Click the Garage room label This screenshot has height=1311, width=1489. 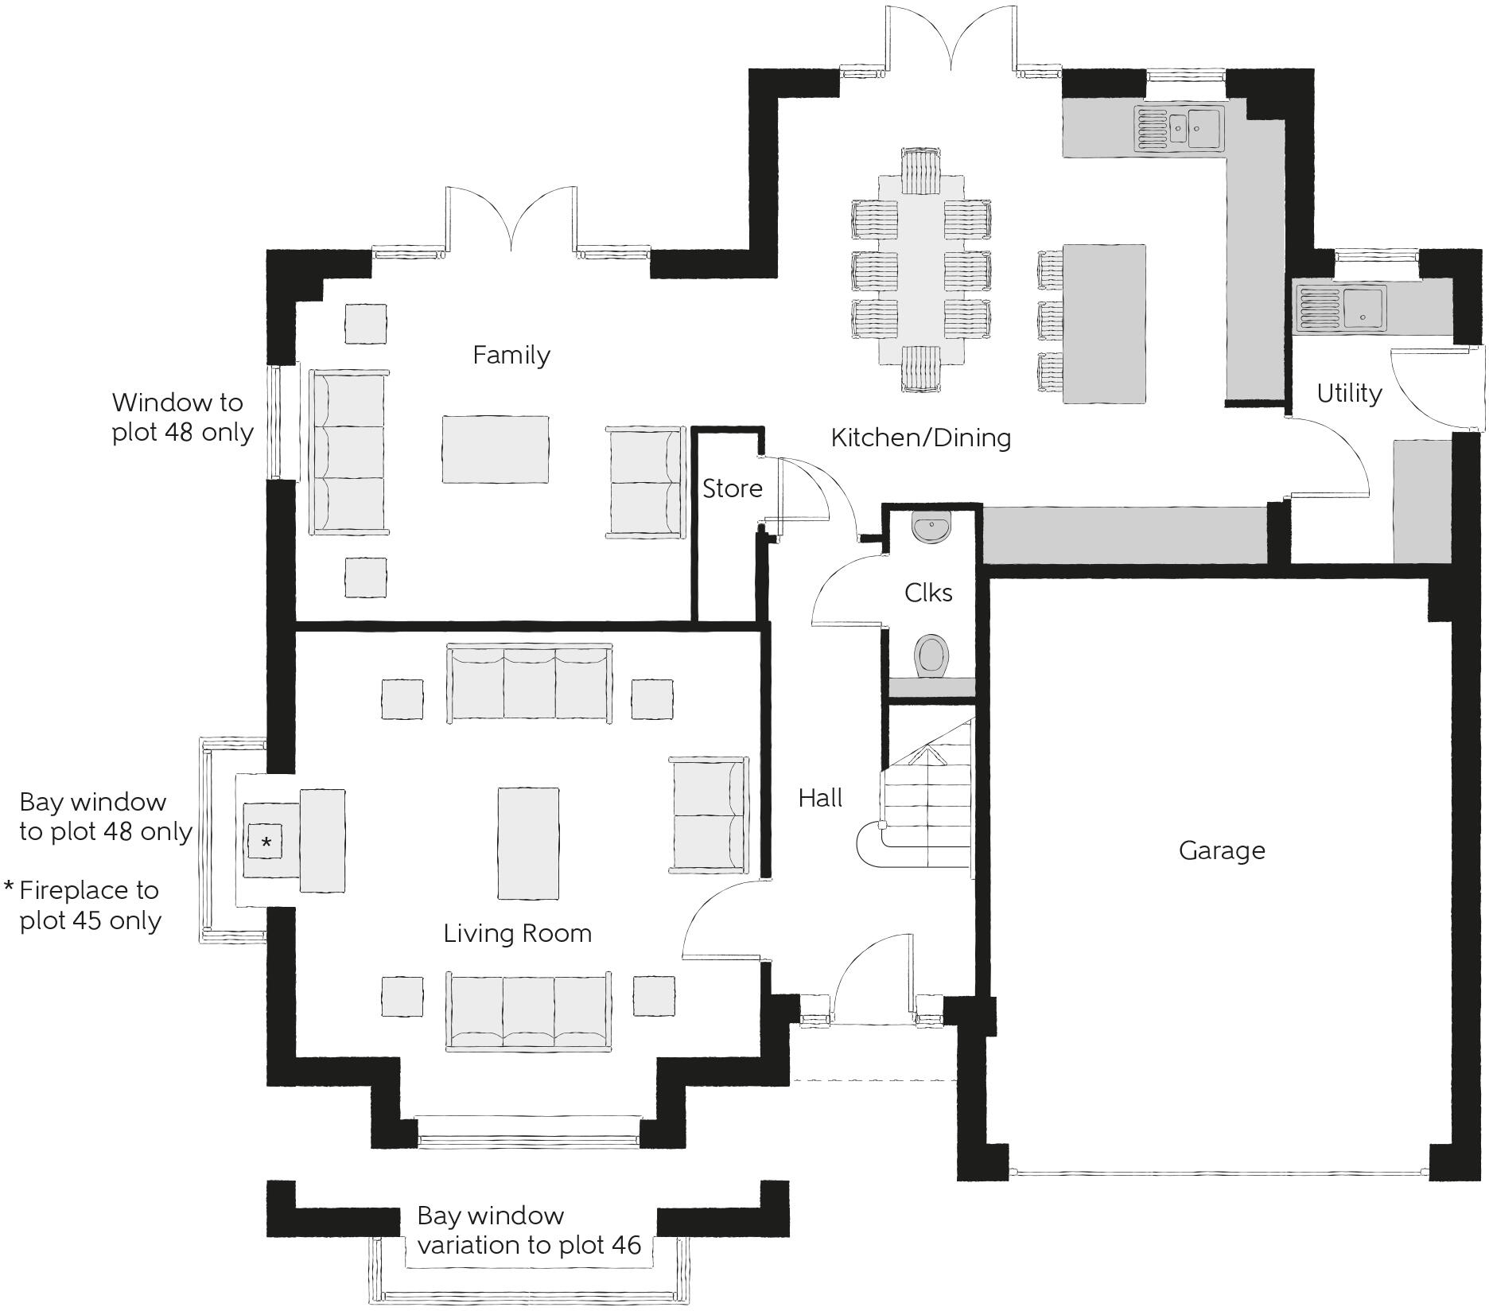point(1222,850)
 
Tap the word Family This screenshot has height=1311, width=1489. point(511,355)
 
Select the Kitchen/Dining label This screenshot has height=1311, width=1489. point(921,438)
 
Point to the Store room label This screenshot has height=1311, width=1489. point(732,488)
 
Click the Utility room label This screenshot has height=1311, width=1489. point(1349,393)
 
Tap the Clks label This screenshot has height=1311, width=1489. point(928,593)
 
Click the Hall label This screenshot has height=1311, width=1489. point(820,798)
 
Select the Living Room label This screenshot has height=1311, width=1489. point(518,933)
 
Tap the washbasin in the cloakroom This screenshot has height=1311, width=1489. point(931,529)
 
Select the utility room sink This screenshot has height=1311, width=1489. point(1342,309)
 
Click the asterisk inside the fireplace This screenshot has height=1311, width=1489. point(266,842)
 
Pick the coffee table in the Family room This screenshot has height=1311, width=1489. point(496,449)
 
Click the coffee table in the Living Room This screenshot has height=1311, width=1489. point(528,842)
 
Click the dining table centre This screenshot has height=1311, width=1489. point(921,268)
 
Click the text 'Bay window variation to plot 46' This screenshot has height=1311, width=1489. point(528,1231)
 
